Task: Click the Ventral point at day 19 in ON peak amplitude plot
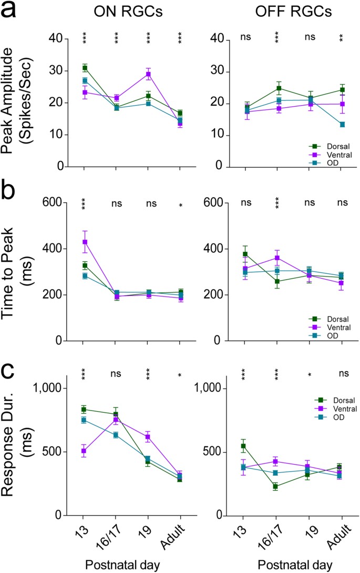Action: click(149, 74)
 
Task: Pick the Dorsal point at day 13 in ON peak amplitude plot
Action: click(84, 68)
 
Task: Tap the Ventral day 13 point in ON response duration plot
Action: click(84, 451)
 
